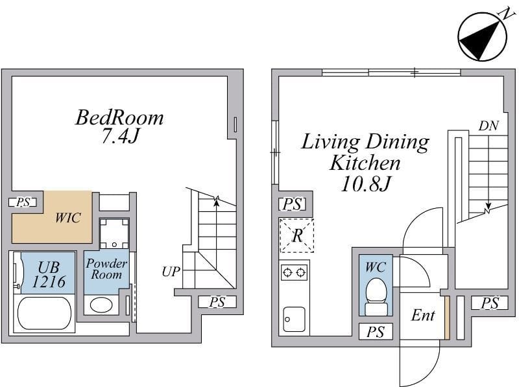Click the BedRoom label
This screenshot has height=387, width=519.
(119, 118)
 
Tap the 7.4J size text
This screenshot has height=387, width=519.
(119, 135)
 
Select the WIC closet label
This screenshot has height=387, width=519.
(68, 218)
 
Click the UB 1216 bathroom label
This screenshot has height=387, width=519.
(49, 274)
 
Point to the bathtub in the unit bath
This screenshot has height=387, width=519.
(44, 313)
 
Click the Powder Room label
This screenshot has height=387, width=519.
(106, 269)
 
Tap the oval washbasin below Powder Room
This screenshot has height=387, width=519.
(101, 305)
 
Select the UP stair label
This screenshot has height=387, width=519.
(171, 272)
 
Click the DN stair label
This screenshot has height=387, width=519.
(489, 126)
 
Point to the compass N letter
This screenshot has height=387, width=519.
(505, 15)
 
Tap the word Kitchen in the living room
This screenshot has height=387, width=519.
(365, 163)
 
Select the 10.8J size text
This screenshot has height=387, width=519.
(365, 184)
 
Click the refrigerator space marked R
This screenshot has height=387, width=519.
(296, 235)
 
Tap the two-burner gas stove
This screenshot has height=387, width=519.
(294, 272)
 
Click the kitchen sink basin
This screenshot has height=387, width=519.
(294, 319)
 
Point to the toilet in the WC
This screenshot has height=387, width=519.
(376, 296)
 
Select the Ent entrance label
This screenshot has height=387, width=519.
(423, 315)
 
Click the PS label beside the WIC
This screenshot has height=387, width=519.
(23, 202)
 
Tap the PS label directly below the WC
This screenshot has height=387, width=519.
(376, 332)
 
